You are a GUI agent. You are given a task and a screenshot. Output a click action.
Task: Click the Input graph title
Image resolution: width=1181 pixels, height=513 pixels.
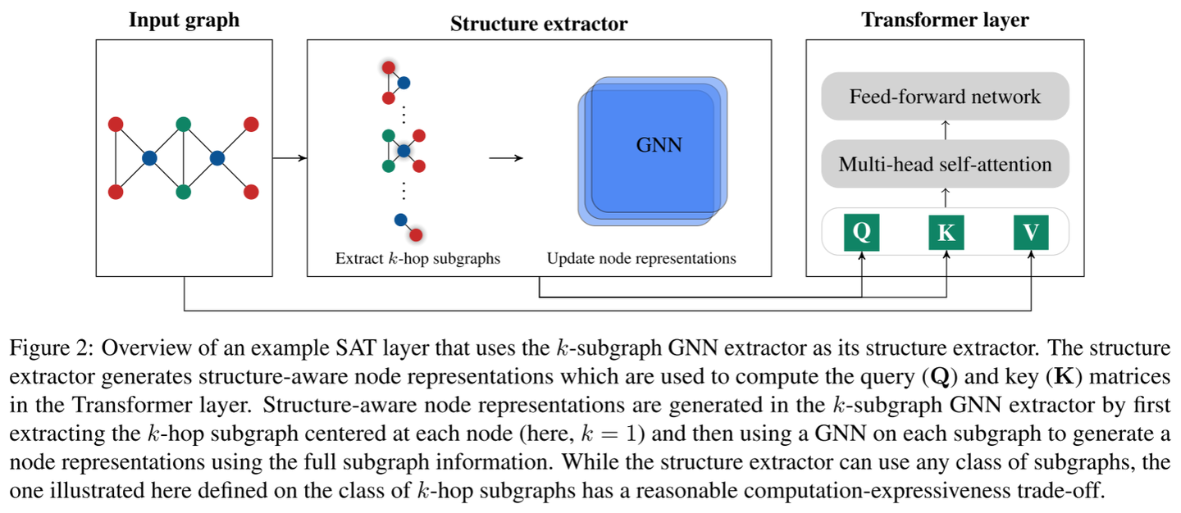184,20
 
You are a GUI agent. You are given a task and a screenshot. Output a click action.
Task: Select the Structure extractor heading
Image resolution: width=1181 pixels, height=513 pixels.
539,24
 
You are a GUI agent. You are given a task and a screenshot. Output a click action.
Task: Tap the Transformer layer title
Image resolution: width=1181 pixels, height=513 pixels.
945,20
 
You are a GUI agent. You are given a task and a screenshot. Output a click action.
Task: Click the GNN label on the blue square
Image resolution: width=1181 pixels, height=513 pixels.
659,146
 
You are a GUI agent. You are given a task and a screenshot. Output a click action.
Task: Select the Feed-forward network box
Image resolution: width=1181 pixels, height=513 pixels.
945,97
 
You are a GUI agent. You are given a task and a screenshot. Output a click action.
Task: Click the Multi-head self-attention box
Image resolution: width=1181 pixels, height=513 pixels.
945,164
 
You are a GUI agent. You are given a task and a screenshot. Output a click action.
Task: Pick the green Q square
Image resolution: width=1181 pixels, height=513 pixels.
861,232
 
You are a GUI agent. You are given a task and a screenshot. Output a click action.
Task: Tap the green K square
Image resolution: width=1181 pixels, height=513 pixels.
946,233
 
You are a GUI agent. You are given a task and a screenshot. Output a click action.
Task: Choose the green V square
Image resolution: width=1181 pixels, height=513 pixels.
1031,233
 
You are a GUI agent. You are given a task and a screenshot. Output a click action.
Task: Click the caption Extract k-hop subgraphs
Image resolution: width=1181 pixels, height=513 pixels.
417,259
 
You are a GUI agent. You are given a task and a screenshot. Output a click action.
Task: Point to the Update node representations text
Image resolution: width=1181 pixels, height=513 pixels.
641,259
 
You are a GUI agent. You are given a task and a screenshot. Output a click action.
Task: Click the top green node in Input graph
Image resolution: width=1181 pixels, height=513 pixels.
184,125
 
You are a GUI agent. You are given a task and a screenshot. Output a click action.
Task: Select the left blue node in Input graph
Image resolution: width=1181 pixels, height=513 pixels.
149,158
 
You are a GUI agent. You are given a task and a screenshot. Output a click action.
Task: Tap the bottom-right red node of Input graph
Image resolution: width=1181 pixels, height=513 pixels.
251,192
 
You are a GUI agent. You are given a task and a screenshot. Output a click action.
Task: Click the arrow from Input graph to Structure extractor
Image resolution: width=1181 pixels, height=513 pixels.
289,158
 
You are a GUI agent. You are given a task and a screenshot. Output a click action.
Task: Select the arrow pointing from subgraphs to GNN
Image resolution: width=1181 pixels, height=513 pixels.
506,158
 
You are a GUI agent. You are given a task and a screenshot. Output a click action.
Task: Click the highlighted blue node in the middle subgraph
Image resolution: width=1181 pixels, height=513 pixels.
404,151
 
